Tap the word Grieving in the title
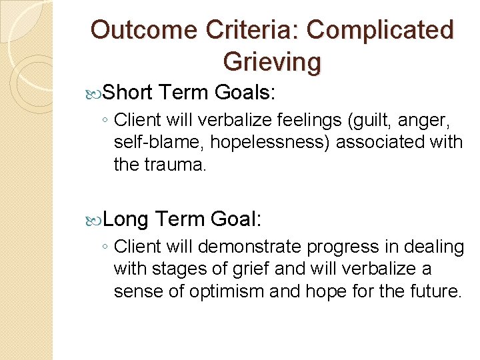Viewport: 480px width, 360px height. tap(272, 61)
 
